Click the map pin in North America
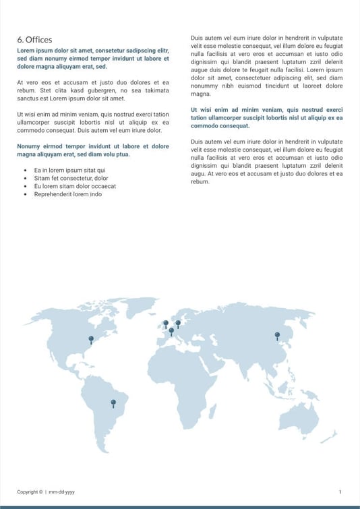click(91, 339)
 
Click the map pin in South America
click(113, 403)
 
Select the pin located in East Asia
click(276, 335)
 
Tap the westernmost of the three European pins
click(166, 324)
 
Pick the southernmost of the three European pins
click(171, 331)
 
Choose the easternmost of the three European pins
click(178, 323)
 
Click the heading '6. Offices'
click(34, 40)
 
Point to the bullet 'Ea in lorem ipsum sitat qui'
click(69, 171)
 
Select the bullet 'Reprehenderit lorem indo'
click(67, 194)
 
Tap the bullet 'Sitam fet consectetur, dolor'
click(71, 179)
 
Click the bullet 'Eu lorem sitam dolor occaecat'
click(75, 186)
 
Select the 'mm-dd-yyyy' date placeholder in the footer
click(61, 492)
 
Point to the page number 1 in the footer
click(340, 492)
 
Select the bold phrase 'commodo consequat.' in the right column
click(220, 126)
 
